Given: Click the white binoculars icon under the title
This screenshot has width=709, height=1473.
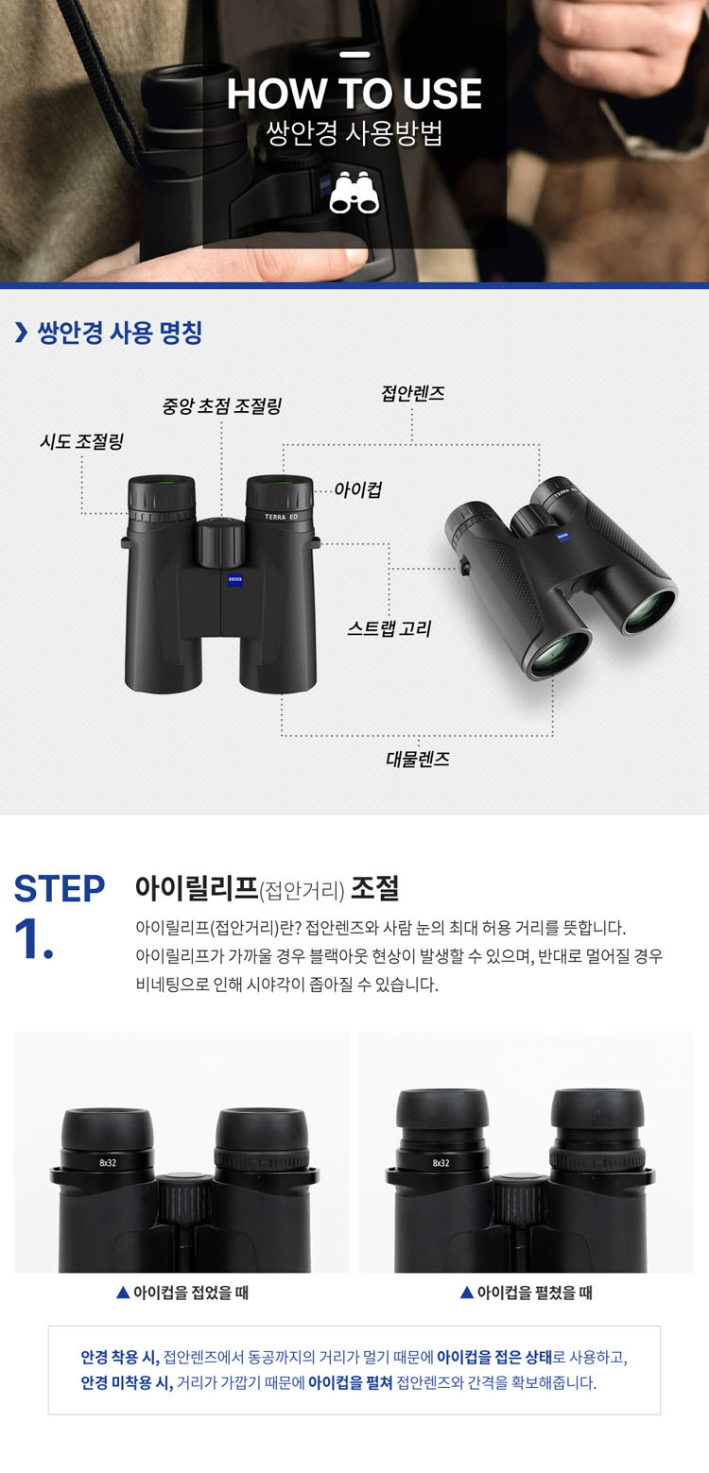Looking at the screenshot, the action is click(x=354, y=192).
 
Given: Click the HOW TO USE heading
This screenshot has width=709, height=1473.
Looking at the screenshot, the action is click(x=354, y=94).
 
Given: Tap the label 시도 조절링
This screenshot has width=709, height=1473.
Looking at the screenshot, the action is click(x=81, y=441).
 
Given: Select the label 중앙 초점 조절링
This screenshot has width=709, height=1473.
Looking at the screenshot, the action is click(x=221, y=405).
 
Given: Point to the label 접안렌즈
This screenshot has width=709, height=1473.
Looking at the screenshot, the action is click(x=413, y=393).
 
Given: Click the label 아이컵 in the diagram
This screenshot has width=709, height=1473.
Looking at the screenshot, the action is click(x=357, y=490).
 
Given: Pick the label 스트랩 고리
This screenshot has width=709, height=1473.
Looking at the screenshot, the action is click(x=389, y=628).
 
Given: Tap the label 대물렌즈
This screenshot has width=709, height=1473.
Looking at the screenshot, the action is click(x=418, y=760).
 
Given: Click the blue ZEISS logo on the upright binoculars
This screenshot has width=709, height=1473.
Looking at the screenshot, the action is click(x=235, y=579).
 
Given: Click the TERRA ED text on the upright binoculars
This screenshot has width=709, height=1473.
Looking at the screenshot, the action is click(x=282, y=517).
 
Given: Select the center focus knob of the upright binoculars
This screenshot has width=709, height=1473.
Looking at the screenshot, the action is click(x=220, y=542).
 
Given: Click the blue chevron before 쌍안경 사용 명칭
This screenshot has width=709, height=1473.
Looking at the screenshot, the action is click(x=22, y=333).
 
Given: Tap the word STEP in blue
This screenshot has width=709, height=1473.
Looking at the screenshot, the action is click(x=60, y=889).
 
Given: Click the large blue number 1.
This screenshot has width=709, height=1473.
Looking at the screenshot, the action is click(x=33, y=938).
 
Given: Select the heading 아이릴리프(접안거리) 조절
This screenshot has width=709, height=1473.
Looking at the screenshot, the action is click(x=267, y=888).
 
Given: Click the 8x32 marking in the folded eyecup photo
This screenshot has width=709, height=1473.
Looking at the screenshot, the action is click(x=108, y=1162).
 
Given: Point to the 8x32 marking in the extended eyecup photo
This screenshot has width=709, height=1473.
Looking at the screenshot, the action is click(x=441, y=1162).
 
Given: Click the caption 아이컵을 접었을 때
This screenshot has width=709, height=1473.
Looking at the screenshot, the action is click(x=191, y=1293).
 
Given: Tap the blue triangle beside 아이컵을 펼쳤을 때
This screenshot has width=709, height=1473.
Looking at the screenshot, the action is click(x=467, y=1293).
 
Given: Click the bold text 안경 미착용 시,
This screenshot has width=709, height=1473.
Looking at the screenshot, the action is click(x=127, y=1383).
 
